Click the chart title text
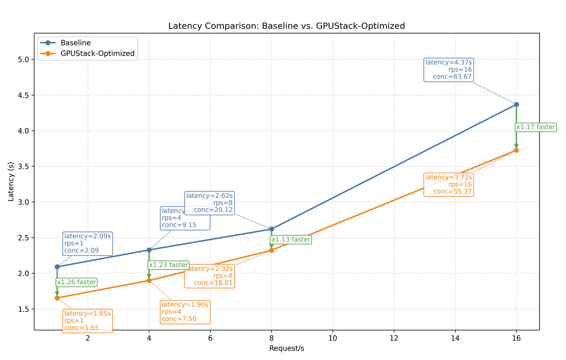click(287, 26)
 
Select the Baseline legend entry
click(76, 43)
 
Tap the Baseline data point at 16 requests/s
click(516, 104)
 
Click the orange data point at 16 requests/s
click(516, 150)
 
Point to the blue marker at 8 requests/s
click(272, 229)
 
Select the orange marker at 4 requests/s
click(149, 280)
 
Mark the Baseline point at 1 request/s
click(57, 267)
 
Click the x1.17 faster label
click(535, 127)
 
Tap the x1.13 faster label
click(291, 240)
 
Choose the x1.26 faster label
click(76, 282)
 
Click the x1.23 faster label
click(168, 265)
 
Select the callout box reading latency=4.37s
click(448, 70)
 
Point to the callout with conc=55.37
click(448, 185)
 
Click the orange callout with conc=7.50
click(185, 312)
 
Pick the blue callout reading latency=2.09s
click(87, 243)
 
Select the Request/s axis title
click(287, 349)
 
